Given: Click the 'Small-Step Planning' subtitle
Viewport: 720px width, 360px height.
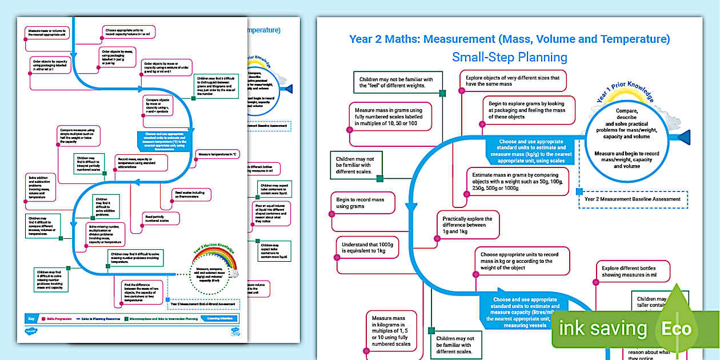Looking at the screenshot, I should click(x=509, y=57).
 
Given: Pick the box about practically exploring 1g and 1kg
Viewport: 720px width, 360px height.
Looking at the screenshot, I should click(x=467, y=225).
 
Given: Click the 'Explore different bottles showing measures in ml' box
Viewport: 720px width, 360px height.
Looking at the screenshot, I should click(x=631, y=271).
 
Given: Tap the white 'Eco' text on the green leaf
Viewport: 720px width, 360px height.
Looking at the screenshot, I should click(x=677, y=329).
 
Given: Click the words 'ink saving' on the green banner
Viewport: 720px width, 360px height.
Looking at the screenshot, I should click(x=602, y=329).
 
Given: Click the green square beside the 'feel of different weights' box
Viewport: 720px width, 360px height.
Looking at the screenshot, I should click(x=442, y=93).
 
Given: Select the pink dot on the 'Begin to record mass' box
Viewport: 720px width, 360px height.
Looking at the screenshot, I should click(x=331, y=214).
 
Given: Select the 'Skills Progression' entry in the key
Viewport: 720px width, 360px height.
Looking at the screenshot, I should click(x=53, y=318).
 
